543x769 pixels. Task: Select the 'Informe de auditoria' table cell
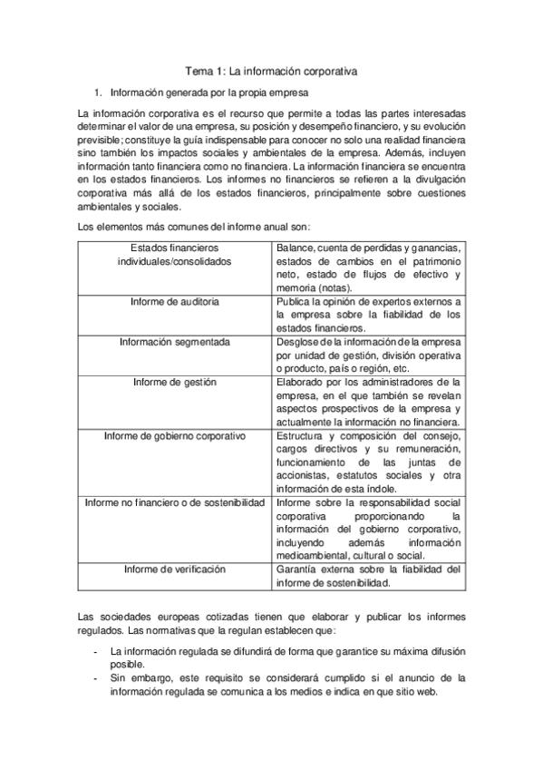pos(174,300)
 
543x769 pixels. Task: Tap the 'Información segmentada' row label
pos(174,342)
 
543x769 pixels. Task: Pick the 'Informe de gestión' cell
pos(174,383)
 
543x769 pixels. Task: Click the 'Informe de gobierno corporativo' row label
pos(174,436)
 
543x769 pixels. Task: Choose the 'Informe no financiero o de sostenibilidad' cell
pos(174,501)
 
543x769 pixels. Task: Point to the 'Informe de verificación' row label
pos(174,569)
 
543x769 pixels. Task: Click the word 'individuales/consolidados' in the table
pos(174,261)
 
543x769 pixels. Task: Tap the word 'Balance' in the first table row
pos(295,248)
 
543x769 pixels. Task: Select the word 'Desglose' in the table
pos(298,342)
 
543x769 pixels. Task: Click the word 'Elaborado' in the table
pos(300,383)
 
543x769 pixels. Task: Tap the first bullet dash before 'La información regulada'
pos(96,651)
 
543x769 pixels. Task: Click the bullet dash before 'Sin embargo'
pos(96,677)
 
